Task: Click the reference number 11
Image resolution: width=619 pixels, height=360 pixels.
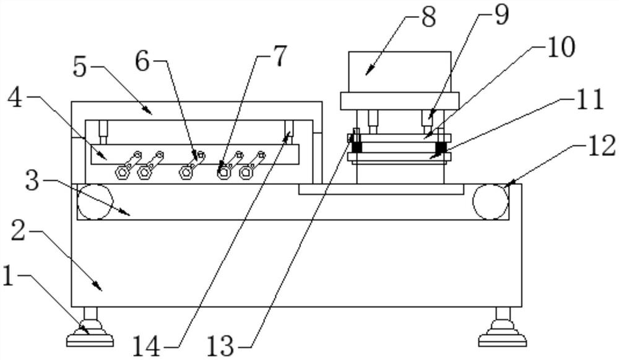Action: pos(589,100)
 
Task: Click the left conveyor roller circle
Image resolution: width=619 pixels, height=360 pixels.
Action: pos(95,202)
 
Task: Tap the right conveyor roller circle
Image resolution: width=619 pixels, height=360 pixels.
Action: pos(490,202)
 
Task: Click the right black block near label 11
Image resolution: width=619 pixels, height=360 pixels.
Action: pos(441,148)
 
